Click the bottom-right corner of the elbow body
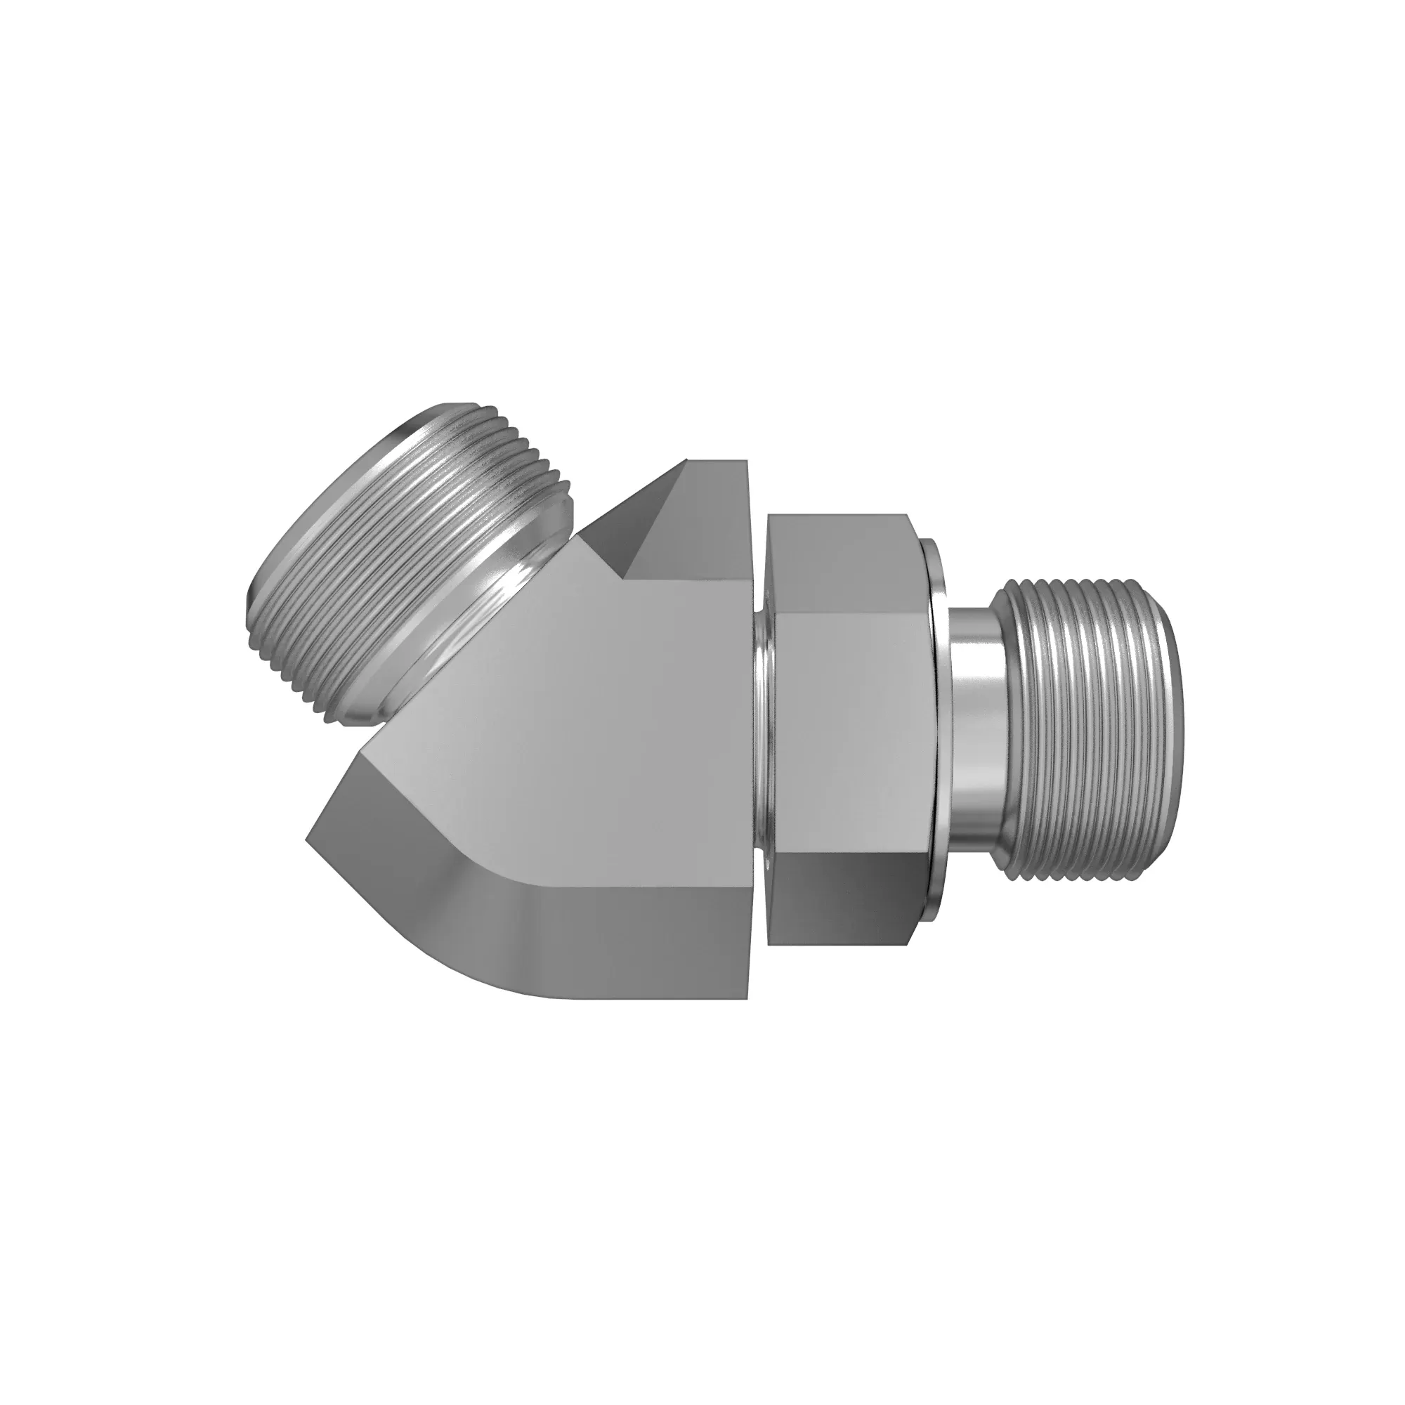click(x=747, y=998)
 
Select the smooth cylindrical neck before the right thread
click(x=978, y=727)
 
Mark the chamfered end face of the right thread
click(x=1178, y=727)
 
